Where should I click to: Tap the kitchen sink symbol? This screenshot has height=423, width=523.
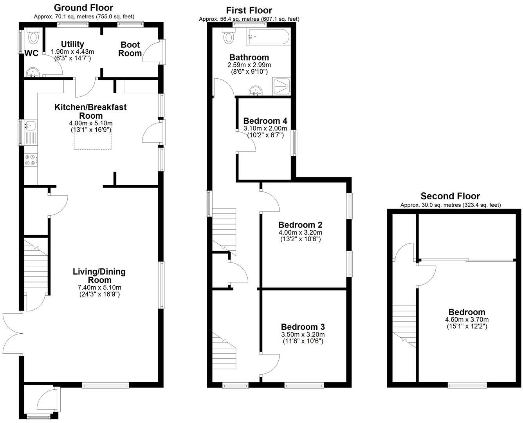[30, 126]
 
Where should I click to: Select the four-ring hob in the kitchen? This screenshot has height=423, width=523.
[31, 160]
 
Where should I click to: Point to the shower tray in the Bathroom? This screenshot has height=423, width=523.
[281, 87]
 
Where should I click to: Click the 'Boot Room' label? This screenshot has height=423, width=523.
[130, 49]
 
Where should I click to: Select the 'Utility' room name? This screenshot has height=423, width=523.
[72, 44]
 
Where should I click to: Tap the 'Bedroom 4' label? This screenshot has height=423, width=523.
[265, 121]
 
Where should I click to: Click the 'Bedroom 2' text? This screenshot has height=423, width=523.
[300, 225]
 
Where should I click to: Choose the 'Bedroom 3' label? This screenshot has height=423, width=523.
[303, 327]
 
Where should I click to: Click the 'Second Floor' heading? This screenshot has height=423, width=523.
[450, 196]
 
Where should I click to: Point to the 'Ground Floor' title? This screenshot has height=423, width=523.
[83, 8]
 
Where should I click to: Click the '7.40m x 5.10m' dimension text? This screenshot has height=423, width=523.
[99, 287]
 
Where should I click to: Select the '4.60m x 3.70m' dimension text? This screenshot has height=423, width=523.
[467, 320]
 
